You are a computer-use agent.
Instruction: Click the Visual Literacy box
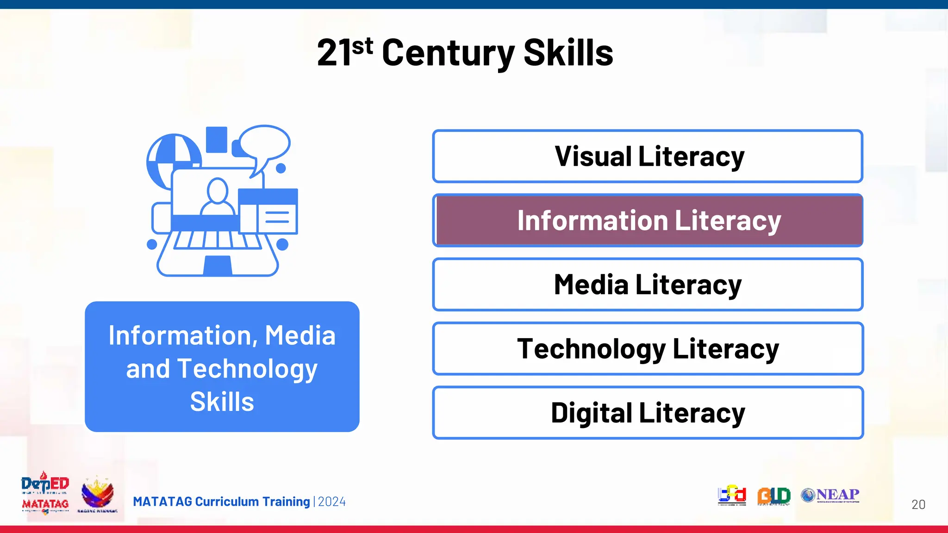[648, 156]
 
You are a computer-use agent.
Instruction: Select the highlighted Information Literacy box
[648, 220]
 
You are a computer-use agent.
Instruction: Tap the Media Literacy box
[648, 284]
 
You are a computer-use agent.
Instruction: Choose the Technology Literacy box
[648, 348]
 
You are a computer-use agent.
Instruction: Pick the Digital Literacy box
[648, 413]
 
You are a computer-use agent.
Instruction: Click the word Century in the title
[448, 53]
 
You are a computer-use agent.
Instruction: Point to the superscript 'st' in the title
[362, 46]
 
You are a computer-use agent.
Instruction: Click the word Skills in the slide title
[568, 53]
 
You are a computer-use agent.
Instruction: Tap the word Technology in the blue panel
[248, 369]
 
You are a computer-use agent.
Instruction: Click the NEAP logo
[830, 495]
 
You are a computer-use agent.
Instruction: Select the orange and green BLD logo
[773, 496]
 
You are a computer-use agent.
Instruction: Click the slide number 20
[918, 504]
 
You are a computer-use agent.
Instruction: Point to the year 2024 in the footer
[332, 502]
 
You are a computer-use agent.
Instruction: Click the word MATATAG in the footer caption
[162, 502]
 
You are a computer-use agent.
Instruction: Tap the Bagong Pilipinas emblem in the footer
[97, 494]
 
